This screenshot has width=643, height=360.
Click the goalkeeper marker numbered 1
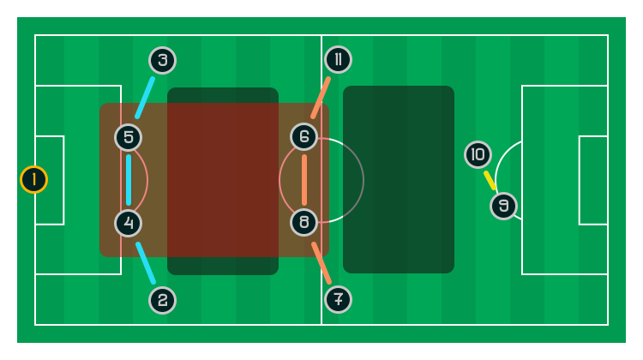tap(33, 179)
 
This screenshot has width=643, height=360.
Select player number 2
tap(162, 300)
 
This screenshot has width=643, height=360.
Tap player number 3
tap(162, 60)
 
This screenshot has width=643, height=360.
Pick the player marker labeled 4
tap(128, 223)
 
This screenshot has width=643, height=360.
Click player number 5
tap(128, 137)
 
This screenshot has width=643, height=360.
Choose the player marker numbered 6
tap(303, 136)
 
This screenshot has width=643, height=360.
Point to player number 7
tap(338, 299)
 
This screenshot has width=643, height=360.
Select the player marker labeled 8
tap(303, 223)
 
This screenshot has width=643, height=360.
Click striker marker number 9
tap(503, 206)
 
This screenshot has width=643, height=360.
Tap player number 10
tap(478, 154)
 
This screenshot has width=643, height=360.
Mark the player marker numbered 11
tap(338, 59)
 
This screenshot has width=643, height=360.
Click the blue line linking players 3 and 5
tap(145, 98)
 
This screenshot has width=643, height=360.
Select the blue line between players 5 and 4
tap(129, 180)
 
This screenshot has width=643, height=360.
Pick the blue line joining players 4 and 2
tap(146, 262)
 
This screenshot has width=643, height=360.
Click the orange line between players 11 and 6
tap(321, 98)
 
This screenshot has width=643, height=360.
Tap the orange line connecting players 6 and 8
tap(304, 180)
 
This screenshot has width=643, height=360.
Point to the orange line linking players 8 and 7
tap(321, 262)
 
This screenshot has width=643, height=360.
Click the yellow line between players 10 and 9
tap(490, 180)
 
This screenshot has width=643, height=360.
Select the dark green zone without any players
tap(399, 180)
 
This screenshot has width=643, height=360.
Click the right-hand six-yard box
tap(593, 180)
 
